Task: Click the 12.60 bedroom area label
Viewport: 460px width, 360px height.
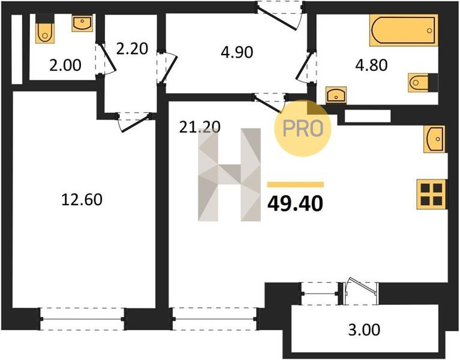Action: (x=82, y=200)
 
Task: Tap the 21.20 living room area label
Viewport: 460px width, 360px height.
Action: (x=200, y=127)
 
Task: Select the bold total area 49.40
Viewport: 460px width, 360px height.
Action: (x=295, y=203)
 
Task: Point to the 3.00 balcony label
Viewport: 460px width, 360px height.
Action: (x=364, y=330)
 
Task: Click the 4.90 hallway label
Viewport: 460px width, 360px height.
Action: (x=237, y=53)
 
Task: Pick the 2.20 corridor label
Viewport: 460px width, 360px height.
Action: (x=132, y=49)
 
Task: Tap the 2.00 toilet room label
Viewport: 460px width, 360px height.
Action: (x=65, y=65)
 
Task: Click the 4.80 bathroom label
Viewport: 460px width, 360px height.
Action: (x=371, y=65)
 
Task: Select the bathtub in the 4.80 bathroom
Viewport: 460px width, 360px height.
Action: (x=404, y=30)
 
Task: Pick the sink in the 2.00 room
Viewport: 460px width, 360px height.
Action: (x=82, y=23)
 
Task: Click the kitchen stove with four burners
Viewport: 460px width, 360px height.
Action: (x=431, y=194)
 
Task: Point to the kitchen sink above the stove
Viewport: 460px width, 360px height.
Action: (x=434, y=139)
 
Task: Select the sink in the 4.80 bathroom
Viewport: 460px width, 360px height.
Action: (x=336, y=95)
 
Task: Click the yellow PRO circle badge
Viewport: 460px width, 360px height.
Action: (x=302, y=128)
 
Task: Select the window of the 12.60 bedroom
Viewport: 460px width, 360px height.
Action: (x=82, y=319)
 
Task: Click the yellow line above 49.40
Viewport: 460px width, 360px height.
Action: (x=296, y=184)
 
